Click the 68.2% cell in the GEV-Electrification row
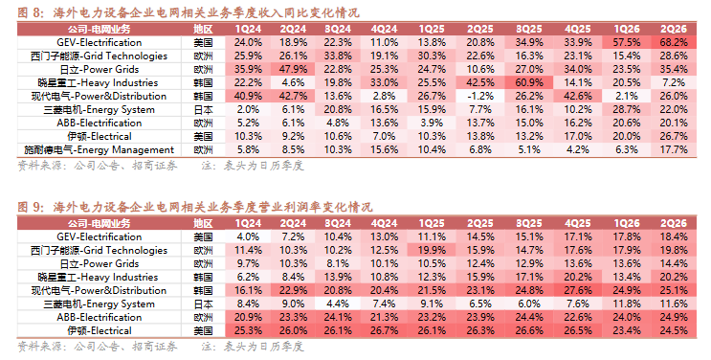pos(674,43)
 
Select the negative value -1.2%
pos(480,97)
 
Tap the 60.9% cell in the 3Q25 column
pos(529,83)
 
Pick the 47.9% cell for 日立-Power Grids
pos(293,70)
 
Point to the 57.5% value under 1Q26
pos(627,43)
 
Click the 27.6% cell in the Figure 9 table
pos(578,290)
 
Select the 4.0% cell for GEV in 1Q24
pos(248,237)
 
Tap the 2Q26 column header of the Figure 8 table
pos(674,29)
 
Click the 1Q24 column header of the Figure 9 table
pos(248,223)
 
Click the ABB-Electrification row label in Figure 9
pos(99,317)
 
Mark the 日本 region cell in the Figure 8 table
pos(203,110)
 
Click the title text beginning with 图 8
pos(189,12)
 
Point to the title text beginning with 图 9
pos(195,208)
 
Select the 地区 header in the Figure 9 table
pos(203,223)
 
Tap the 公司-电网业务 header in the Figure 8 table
pos(99,29)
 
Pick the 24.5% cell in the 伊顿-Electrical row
pos(674,331)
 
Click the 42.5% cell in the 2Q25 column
pos(480,83)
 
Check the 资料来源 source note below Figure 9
pos(98,347)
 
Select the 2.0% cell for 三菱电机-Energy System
pos(248,110)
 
